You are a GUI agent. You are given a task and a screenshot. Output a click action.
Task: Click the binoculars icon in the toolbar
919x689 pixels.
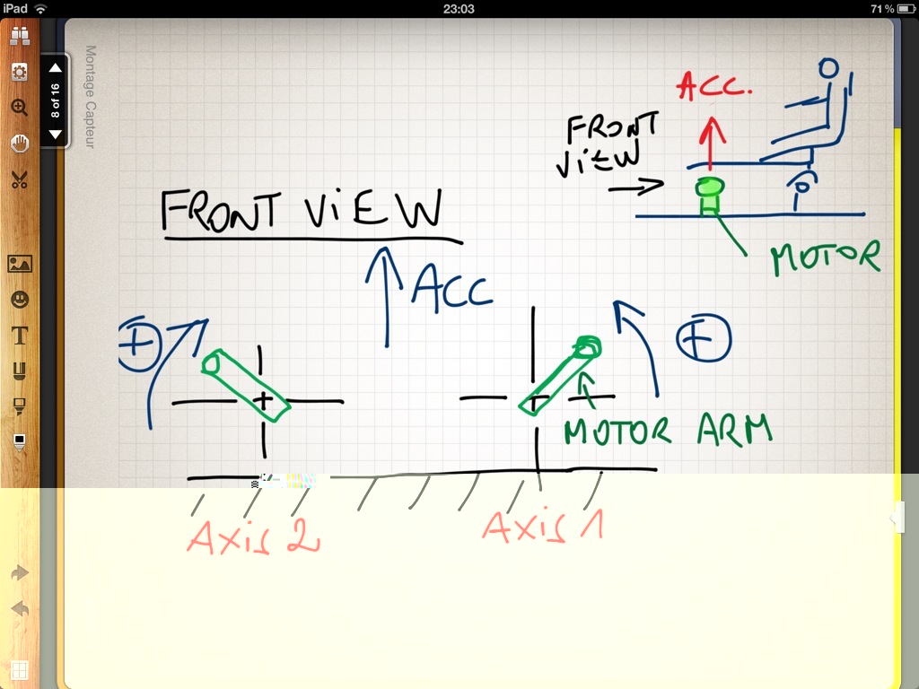point(20,37)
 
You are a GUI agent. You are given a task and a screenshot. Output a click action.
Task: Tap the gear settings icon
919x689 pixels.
point(20,72)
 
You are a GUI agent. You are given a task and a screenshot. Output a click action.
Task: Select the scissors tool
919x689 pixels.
point(20,179)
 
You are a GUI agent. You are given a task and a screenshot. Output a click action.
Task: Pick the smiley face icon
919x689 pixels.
point(20,299)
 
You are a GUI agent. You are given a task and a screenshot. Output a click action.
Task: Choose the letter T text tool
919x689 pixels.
point(20,335)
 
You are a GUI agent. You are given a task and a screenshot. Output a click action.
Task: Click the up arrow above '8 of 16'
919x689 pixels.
point(56,68)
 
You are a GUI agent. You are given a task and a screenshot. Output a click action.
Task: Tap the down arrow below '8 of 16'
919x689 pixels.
point(56,135)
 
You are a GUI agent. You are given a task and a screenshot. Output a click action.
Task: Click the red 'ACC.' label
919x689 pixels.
point(714,88)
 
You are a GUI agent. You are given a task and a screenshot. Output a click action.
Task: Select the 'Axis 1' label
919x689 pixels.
point(542,526)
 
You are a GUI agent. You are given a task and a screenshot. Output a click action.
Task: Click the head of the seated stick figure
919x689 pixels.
point(830,69)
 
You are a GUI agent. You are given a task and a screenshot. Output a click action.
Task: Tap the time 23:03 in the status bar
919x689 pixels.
point(459,8)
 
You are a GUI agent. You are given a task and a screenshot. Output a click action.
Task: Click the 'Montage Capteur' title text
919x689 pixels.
point(90,97)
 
